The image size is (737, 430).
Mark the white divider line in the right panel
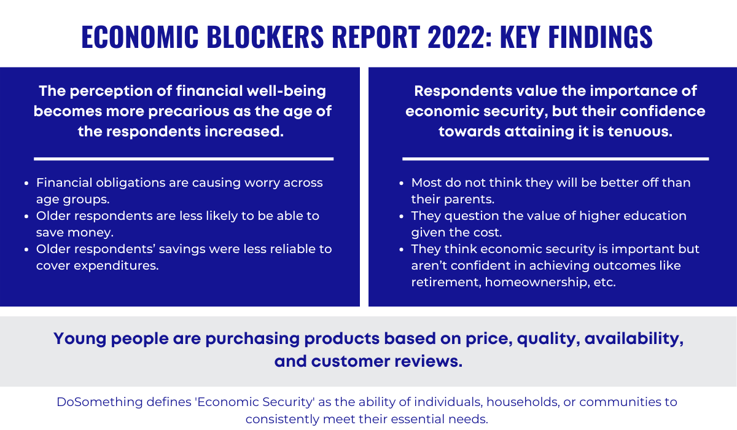coord(555,158)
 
